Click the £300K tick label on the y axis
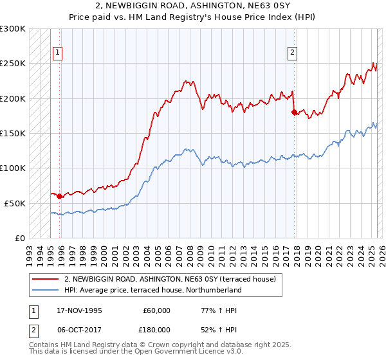(x=13, y=29)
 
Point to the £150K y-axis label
(x=13, y=133)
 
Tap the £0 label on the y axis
(x=19, y=238)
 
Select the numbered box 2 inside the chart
(x=293, y=53)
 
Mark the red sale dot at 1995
(x=59, y=196)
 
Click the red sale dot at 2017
(x=294, y=113)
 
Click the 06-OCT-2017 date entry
(x=77, y=329)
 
